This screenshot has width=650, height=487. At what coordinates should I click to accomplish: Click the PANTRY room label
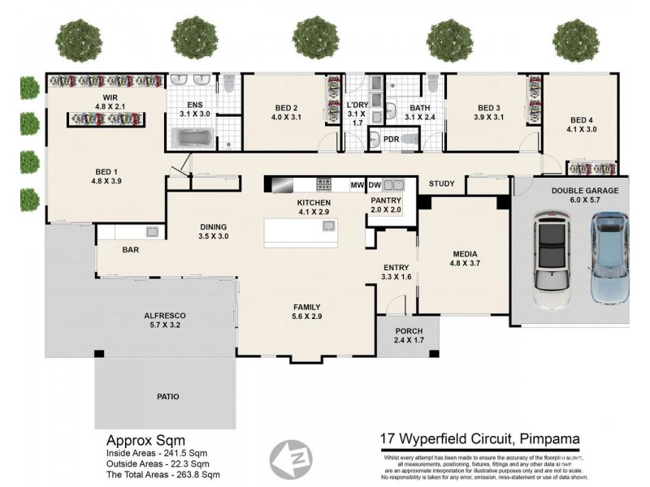tap(386, 200)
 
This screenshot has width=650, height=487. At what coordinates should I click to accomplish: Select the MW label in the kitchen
tap(357, 185)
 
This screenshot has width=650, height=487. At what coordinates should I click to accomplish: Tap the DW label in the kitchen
tap(375, 185)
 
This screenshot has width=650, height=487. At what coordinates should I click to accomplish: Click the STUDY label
tap(441, 183)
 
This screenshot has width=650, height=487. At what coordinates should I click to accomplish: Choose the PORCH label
tap(407, 331)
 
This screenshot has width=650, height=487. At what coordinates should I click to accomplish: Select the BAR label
tap(131, 251)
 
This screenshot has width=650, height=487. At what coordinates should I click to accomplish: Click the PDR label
tap(391, 140)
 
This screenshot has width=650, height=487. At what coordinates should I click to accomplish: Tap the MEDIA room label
tap(466, 253)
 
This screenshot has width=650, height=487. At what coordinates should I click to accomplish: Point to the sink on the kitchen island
tap(328, 225)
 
